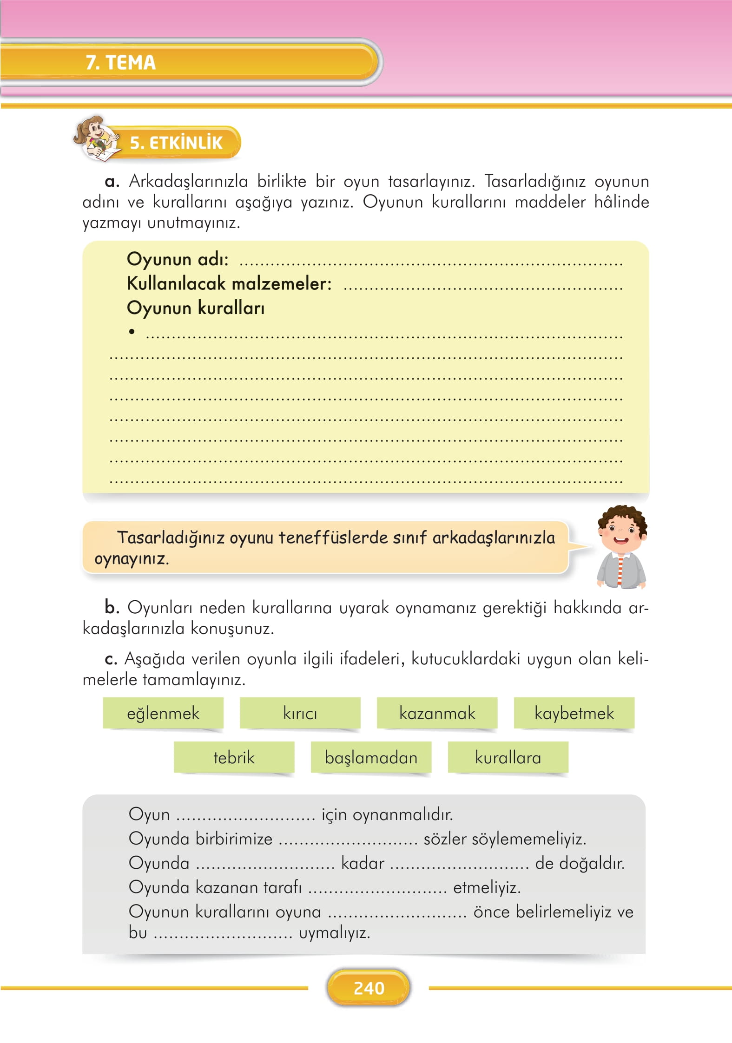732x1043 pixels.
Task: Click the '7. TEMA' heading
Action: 120,62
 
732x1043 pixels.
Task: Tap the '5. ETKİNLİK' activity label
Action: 176,143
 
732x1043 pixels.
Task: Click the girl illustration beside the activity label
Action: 96,138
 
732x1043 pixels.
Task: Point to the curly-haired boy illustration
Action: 621,547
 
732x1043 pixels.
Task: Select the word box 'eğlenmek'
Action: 163,713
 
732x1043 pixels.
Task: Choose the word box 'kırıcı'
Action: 300,713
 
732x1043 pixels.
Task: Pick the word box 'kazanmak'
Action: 437,713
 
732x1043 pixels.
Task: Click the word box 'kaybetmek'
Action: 574,713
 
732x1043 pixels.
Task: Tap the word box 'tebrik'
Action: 234,758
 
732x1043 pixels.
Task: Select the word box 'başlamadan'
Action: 371,758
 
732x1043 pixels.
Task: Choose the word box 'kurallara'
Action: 508,758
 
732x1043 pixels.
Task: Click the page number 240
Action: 369,988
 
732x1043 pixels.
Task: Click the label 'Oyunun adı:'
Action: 178,259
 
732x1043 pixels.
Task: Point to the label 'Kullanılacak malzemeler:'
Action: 229,283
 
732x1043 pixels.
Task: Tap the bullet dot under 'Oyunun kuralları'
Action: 132,331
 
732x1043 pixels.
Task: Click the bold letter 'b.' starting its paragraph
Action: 112,607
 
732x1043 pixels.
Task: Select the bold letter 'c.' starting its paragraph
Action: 111,659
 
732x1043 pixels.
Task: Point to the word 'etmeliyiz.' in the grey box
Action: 487,887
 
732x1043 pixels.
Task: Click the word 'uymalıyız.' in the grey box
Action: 335,933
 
